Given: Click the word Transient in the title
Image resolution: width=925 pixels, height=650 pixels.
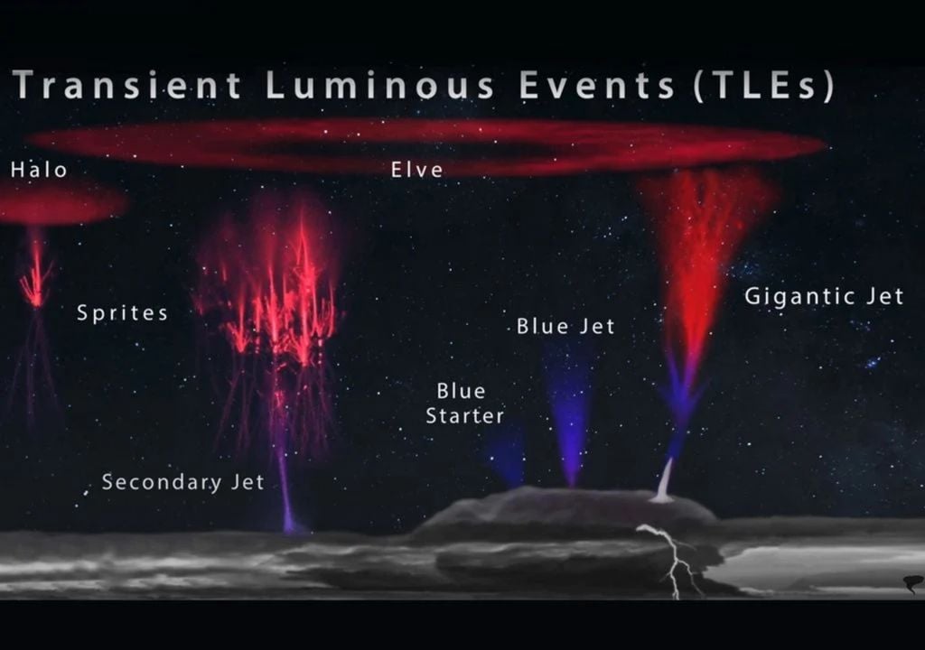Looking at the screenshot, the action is point(126,85).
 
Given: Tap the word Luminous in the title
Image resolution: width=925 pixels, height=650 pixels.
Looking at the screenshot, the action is point(379,85).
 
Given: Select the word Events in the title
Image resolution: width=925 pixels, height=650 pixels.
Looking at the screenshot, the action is point(596,85).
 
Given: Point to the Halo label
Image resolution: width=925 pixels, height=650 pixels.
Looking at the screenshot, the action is point(39,170).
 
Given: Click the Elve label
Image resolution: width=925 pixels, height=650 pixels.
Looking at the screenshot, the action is point(416,170).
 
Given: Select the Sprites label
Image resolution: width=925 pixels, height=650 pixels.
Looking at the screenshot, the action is point(122,313).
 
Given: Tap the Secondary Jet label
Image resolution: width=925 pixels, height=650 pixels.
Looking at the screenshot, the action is point(182,482).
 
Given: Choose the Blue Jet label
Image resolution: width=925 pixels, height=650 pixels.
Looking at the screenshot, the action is point(565,326).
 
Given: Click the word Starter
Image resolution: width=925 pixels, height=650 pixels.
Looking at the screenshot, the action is point(465,416).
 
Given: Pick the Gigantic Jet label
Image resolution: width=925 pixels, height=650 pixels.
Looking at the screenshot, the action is point(824,296).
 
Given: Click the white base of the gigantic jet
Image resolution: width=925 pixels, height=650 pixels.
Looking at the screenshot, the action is point(664,484).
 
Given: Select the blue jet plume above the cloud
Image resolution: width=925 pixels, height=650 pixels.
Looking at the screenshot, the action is point(567,413).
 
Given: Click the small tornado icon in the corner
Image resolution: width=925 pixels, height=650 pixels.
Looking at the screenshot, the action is point(913,584).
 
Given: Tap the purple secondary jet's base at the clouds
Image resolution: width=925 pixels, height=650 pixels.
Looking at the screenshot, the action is point(288,522).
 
